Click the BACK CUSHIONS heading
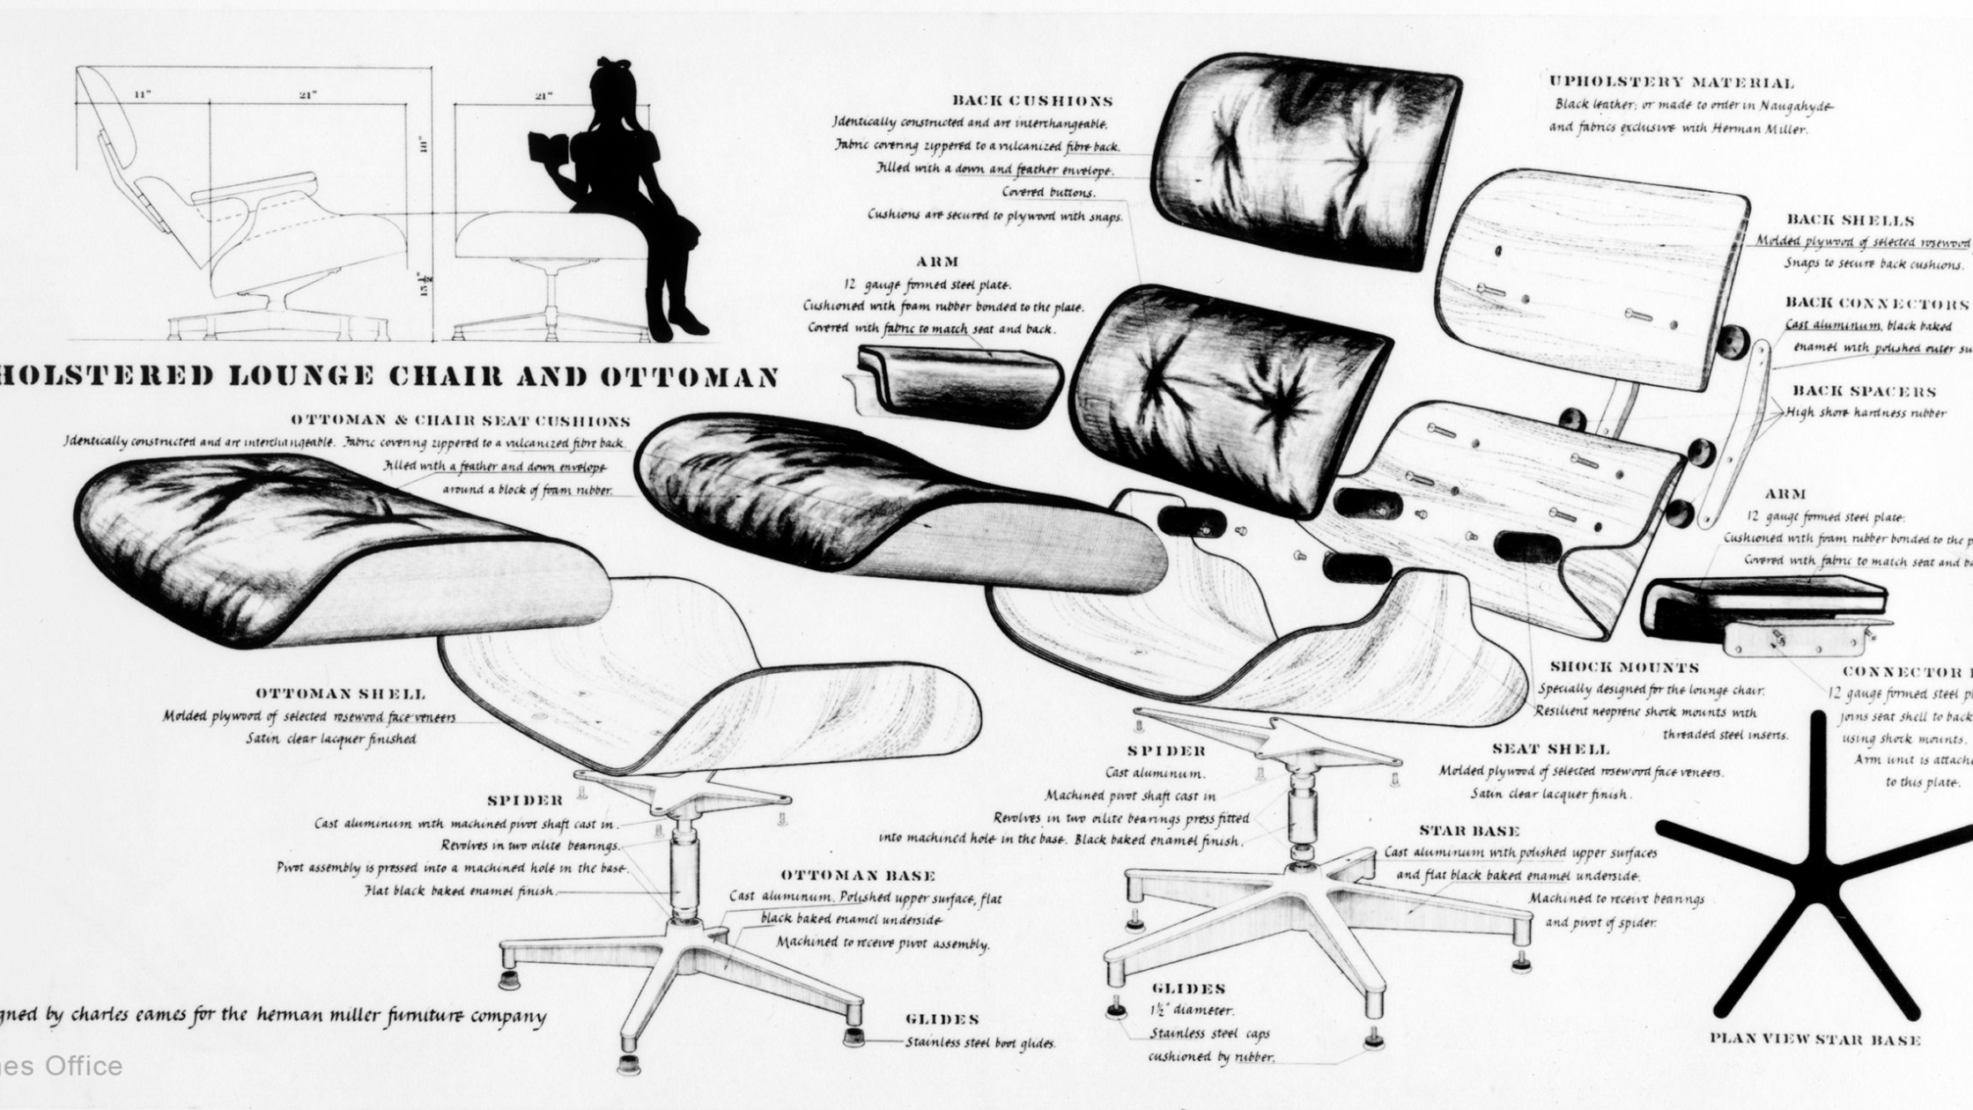[x=1032, y=101]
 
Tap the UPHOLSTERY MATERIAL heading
[x=1671, y=83]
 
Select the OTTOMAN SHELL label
[x=340, y=694]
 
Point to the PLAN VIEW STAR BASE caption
[x=1814, y=1040]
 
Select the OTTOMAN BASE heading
[x=858, y=876]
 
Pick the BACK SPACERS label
[x=1864, y=391]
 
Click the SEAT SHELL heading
[x=1550, y=750]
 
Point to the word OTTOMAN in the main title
[x=690, y=377]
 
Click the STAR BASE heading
[x=1469, y=831]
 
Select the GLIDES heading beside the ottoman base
[x=942, y=1019]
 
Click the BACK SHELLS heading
[x=1850, y=220]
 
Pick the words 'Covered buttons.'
[x=1048, y=192]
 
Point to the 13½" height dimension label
[x=425, y=284]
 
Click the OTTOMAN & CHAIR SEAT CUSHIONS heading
[x=460, y=421]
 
